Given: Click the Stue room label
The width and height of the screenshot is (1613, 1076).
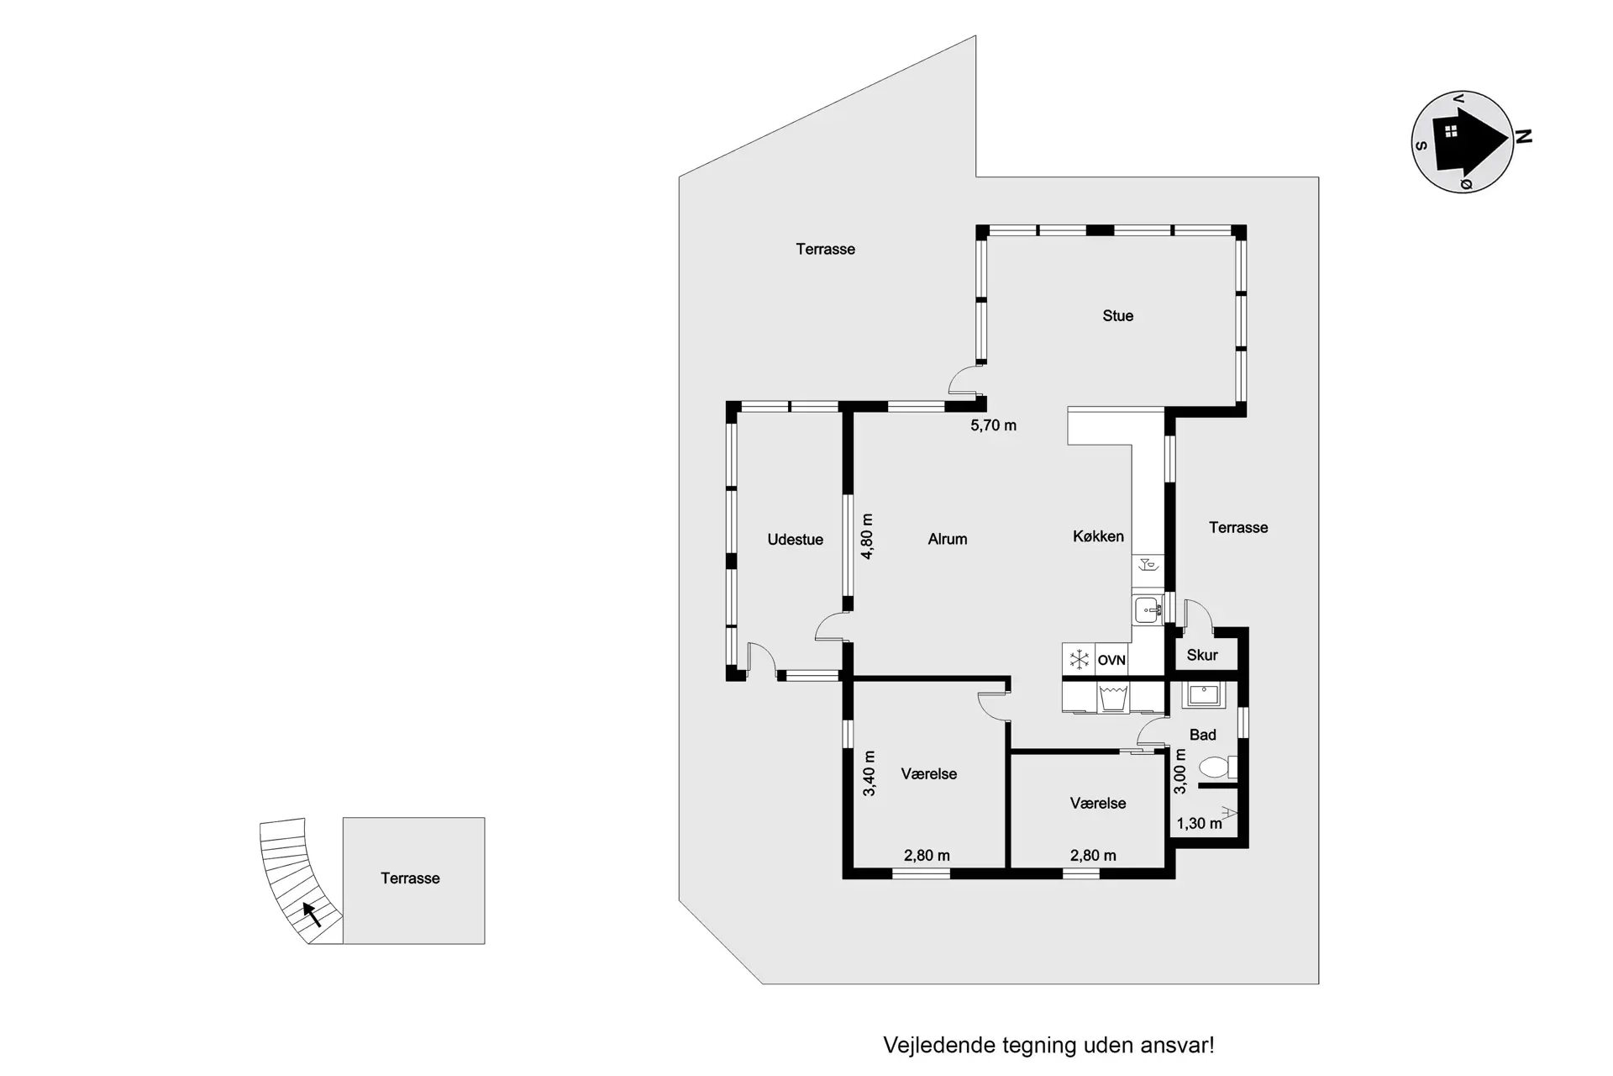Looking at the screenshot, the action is pos(1117,316).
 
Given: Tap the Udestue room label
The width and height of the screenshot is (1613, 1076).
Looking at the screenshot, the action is pos(795,540).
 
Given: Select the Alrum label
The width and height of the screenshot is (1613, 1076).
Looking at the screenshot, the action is pos(948,540).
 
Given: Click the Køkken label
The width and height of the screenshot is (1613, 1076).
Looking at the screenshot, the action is pos(1098,536).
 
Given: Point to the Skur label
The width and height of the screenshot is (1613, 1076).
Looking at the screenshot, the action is pos(1202,656).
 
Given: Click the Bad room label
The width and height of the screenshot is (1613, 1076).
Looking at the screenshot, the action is pos(1202,735).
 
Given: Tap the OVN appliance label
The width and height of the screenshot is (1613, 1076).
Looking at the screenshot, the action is pos(1111,661).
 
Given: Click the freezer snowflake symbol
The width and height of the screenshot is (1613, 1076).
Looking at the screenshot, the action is pos(1079,660).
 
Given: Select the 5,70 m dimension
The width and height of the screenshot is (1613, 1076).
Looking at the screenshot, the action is pos(993,425).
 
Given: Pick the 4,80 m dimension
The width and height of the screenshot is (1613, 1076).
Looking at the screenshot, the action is pos(868,536).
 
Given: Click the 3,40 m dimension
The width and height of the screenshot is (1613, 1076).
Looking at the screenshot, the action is pos(870,773).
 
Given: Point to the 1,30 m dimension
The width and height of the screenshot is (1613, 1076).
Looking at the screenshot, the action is pos(1199,824).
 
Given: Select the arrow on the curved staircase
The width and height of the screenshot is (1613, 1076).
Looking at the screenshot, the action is pos(312,914).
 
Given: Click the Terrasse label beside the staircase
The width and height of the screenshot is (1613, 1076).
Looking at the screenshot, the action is pos(410,878).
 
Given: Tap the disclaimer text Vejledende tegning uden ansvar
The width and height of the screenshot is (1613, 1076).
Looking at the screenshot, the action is pos(1048,1045).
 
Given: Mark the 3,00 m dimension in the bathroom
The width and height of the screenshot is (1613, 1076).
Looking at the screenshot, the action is pos(1180,772).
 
